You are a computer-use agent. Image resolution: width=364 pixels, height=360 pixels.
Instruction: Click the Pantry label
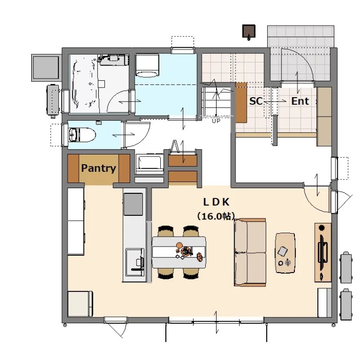98,168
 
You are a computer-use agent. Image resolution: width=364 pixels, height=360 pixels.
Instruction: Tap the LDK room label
216,202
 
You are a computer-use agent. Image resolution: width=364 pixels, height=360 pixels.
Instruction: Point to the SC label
256,101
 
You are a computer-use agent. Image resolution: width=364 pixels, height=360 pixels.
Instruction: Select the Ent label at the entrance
300,101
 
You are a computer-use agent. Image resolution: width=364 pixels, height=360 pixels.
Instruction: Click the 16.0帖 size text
216,216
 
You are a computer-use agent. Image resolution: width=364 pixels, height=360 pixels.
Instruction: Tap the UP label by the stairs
216,121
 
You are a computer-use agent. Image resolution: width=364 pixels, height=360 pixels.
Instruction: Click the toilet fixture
82,134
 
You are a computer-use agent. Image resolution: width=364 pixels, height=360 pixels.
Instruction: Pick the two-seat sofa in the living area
250,252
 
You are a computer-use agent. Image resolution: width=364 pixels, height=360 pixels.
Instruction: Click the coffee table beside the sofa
285,253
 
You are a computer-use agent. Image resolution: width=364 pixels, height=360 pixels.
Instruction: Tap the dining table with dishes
179,252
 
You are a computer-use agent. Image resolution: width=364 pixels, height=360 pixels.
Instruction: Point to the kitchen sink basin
135,262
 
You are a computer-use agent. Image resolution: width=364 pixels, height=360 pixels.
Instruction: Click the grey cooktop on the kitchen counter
133,204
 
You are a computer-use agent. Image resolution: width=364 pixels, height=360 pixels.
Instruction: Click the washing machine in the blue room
147,65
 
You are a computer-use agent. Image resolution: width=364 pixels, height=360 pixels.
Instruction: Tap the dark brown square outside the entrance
249,31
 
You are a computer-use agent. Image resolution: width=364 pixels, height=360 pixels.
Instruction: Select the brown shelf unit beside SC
241,102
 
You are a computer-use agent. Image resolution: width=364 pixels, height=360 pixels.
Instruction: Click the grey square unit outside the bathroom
46,67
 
